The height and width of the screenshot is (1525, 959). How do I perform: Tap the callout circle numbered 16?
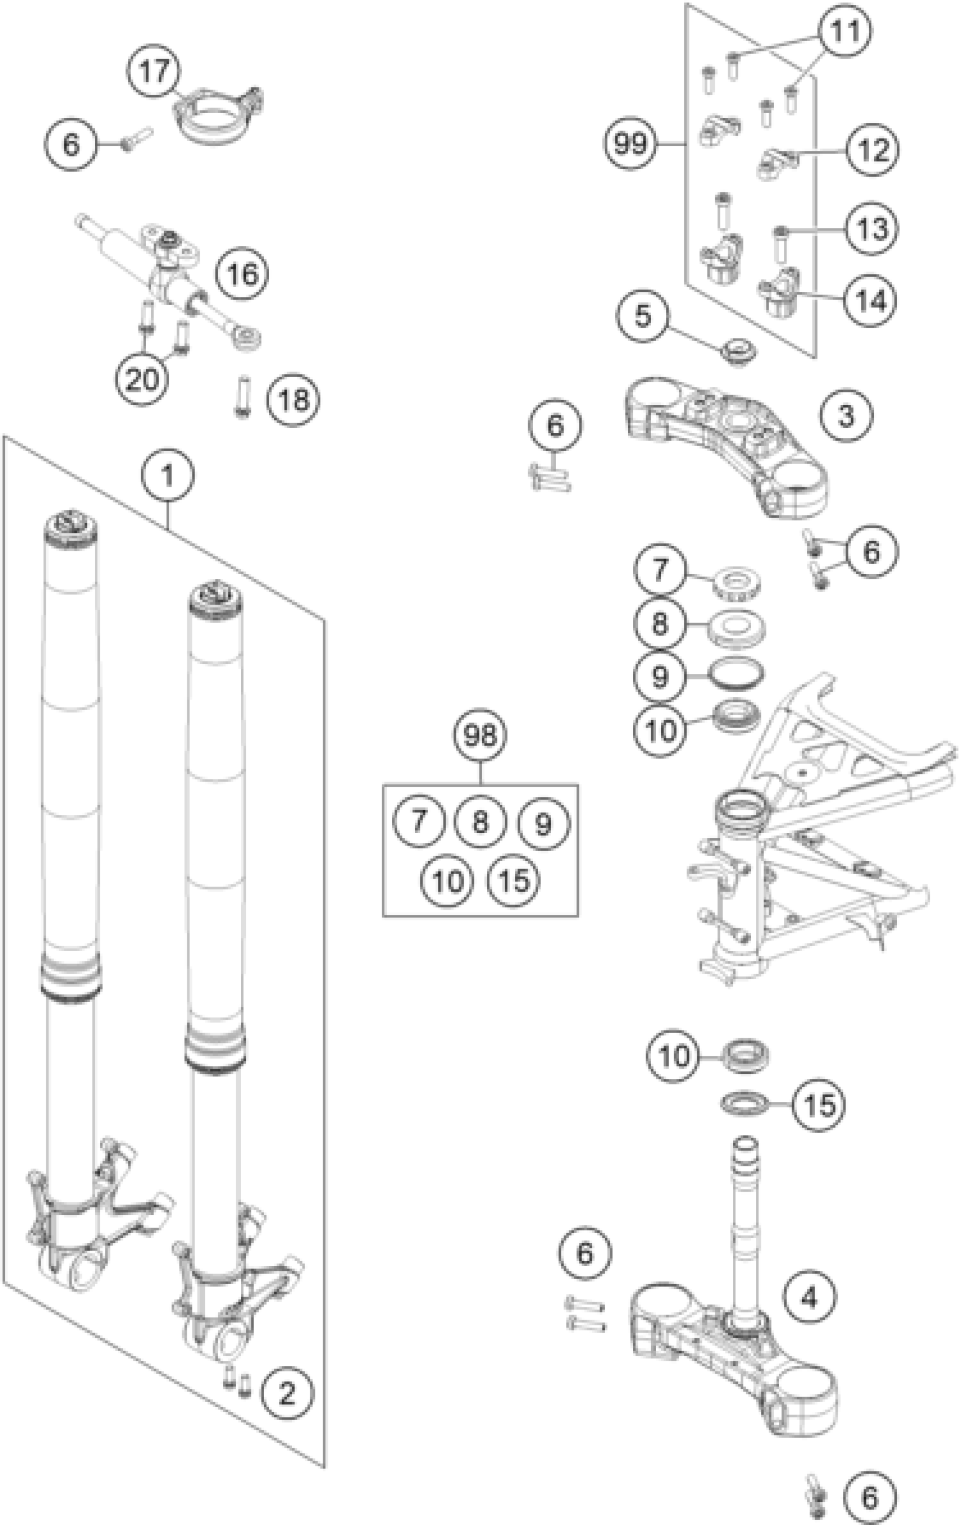(241, 274)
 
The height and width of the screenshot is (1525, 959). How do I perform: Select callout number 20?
(142, 380)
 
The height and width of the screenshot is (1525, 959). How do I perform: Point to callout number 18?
(293, 400)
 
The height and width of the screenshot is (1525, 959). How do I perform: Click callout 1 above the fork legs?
(168, 475)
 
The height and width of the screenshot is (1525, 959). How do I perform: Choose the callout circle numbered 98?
(479, 735)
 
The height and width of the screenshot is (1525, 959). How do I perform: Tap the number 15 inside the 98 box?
(513, 880)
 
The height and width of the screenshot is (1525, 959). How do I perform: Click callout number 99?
(630, 144)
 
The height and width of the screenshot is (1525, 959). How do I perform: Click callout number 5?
(643, 315)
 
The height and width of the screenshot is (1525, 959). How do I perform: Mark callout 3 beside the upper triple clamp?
(846, 416)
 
